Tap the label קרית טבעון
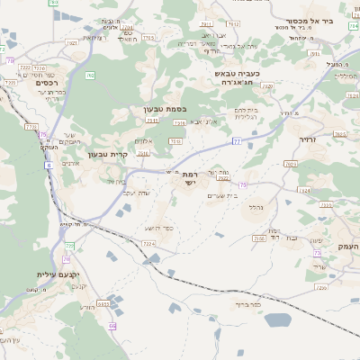108,154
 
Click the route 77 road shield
236,141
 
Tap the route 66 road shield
112,325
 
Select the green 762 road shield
89,76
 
